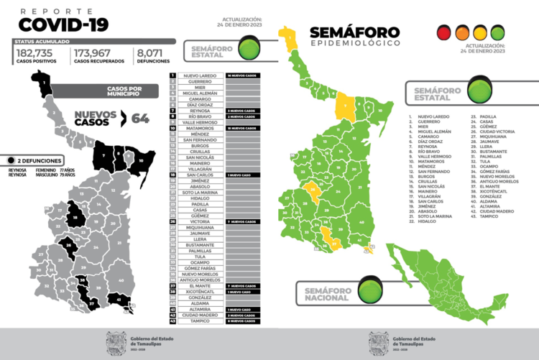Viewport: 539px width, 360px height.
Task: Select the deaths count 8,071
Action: (x=152, y=53)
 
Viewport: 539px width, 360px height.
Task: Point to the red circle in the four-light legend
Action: (x=443, y=32)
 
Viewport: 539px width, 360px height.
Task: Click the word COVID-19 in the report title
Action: (x=63, y=25)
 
